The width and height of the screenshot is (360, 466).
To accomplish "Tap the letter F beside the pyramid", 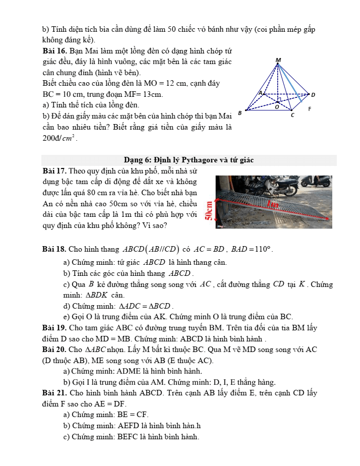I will (x=310, y=109).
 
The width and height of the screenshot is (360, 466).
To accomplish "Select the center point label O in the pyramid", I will (x=276, y=107).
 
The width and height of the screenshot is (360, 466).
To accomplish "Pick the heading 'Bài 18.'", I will (x=55, y=249).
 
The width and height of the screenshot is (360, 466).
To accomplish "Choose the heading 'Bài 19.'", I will (x=55, y=328).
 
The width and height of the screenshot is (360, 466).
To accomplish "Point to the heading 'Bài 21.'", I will (x=55, y=393).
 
